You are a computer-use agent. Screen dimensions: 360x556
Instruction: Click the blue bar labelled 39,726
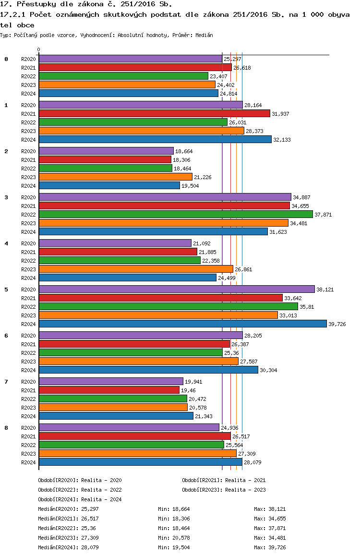(x=183, y=324)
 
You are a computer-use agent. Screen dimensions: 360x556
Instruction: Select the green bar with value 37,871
(x=176, y=214)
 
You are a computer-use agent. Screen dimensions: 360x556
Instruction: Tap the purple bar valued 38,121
(x=177, y=289)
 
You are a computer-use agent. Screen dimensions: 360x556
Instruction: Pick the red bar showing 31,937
(x=155, y=113)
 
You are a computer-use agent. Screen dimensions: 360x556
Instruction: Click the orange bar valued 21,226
(x=116, y=177)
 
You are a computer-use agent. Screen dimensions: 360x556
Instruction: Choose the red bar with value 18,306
(x=105, y=159)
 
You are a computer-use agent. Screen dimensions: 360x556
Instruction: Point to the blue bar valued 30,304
(x=148, y=370)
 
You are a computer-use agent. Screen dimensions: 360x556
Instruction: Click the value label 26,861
(x=243, y=269)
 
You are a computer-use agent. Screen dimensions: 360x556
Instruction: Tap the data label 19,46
(x=188, y=390)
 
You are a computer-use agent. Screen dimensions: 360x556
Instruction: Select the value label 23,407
(x=218, y=77)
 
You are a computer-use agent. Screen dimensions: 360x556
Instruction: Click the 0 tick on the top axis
(x=38, y=50)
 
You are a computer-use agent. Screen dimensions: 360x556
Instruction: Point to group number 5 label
(x=6, y=290)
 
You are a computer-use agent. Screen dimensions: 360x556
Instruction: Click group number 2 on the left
(x=6, y=151)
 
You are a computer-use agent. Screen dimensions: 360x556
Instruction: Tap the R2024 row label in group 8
(x=28, y=462)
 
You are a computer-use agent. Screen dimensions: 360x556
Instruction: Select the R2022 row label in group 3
(x=28, y=215)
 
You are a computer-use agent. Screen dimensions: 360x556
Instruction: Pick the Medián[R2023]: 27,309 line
(x=68, y=538)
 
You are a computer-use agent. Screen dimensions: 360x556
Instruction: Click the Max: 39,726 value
(x=270, y=547)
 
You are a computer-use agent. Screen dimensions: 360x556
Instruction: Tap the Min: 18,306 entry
(x=174, y=519)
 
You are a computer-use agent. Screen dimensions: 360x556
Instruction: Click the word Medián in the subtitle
(x=204, y=35)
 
